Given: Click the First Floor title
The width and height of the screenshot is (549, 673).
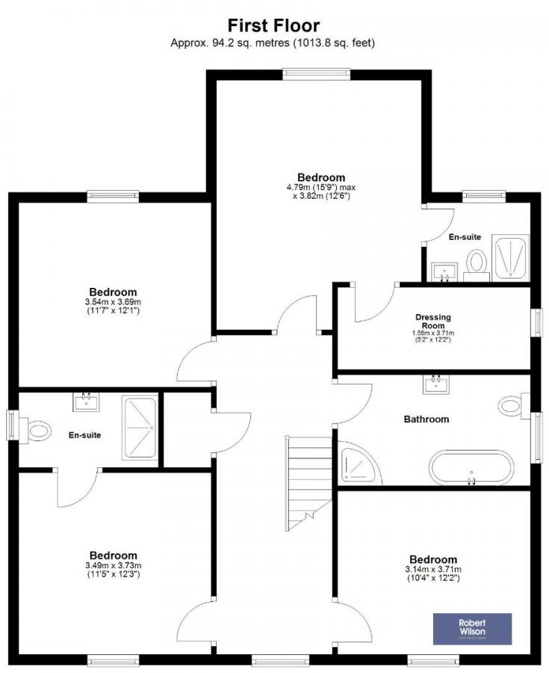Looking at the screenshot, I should pos(273,26).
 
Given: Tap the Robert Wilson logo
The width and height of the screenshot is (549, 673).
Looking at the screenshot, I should pos(473,629).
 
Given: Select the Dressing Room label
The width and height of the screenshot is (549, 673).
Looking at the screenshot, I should pos(434,322).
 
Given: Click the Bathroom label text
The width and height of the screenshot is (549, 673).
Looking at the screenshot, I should pos(427,420).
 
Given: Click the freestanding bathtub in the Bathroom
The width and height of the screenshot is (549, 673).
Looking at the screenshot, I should pos(471,468).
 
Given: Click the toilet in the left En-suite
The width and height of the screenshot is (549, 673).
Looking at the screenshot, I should pos(36,430).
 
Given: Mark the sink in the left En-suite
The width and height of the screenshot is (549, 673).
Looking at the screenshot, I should pos(86,402).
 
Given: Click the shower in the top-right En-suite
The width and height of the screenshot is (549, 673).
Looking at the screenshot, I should pos(509,258).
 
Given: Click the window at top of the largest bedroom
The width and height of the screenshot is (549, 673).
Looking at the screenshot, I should pos(316,73).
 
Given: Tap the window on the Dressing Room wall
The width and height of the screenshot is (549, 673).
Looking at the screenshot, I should pos(536,323).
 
